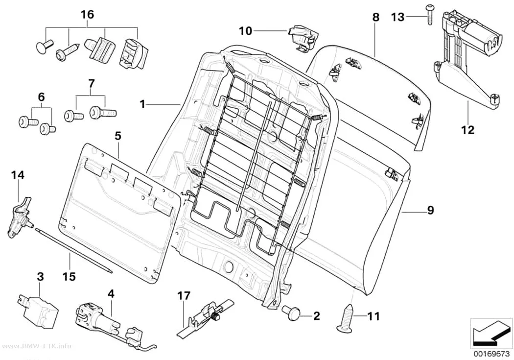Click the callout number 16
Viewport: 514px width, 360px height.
point(88,14)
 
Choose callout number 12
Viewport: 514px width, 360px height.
point(468,130)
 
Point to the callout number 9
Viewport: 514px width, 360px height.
point(430,210)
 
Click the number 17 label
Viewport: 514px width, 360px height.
point(184,296)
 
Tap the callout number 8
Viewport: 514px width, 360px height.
point(375,17)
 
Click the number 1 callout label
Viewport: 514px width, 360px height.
point(142,105)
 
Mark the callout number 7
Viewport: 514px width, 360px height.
point(92,84)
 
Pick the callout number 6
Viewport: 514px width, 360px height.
point(41,97)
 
